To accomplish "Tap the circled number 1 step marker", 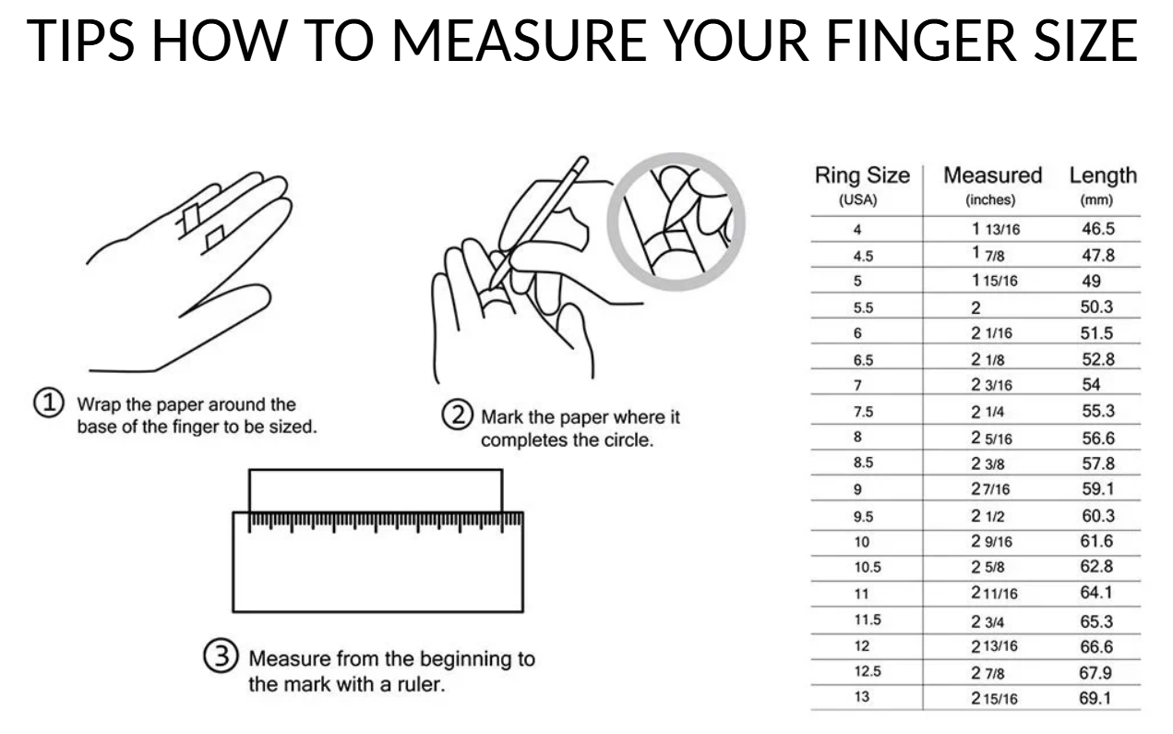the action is [49, 403].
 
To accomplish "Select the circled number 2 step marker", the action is [457, 415].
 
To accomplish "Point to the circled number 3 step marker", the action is [221, 656].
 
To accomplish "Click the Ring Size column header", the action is [862, 175].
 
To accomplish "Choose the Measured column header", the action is [993, 175].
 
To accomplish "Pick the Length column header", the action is [1103, 175].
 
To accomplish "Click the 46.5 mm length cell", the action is [1098, 229].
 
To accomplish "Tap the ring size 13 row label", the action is [862, 697].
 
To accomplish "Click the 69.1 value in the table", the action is [1095, 698].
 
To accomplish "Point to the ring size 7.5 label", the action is [863, 412].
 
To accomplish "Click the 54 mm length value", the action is [1091, 385].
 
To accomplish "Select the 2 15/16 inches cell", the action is [994, 698].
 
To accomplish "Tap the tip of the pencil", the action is [491, 288].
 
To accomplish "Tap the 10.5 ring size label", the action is [868, 567].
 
